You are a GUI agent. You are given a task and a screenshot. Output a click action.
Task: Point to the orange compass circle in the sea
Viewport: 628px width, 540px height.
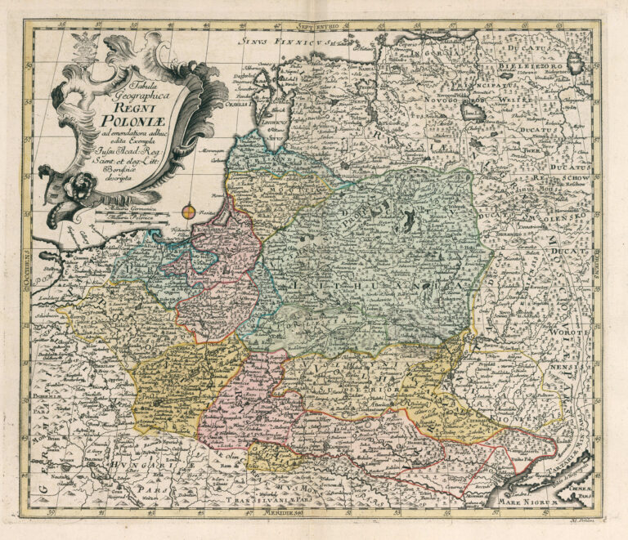click(x=189, y=213)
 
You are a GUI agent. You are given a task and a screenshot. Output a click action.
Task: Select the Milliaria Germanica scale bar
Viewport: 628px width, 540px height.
click(x=144, y=211)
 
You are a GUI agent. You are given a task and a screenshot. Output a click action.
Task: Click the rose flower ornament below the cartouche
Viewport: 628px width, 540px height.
click(x=83, y=185)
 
